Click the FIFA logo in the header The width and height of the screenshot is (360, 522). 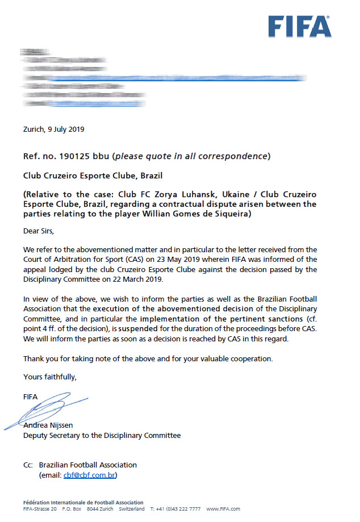[300, 26]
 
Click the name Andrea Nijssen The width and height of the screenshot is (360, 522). [48, 425]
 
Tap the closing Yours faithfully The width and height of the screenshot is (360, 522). [49, 377]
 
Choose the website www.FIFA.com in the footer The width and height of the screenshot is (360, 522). [223, 509]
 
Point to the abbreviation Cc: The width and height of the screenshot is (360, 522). [28, 465]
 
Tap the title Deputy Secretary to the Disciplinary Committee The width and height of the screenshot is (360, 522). [102, 435]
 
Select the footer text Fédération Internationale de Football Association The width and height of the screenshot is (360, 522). [83, 503]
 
